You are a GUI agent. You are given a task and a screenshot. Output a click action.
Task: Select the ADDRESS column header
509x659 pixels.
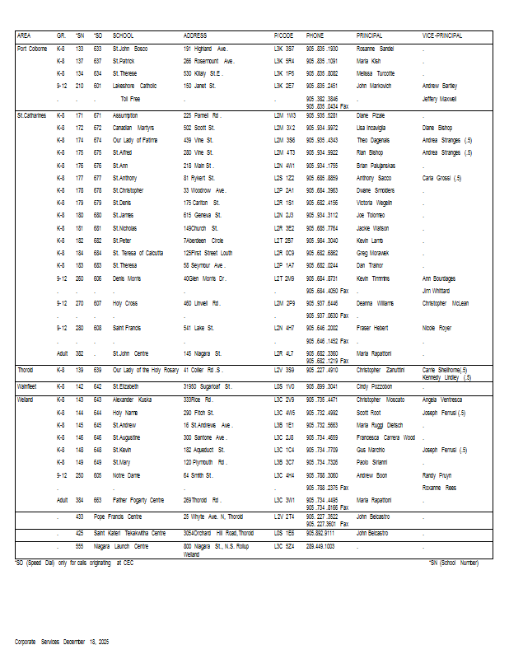coord(195,36)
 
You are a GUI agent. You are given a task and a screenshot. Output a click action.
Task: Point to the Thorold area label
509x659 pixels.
coord(26,370)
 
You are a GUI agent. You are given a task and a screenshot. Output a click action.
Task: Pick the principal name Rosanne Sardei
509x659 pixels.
coord(375,49)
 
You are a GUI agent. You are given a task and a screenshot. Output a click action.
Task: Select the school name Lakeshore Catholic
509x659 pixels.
coord(135,85)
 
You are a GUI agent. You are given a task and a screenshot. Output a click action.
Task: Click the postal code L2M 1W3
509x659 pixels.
coord(284,115)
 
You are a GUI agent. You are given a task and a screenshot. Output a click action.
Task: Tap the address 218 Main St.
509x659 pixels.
coord(198,165)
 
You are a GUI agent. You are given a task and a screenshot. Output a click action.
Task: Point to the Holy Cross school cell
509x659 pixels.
coord(125,303)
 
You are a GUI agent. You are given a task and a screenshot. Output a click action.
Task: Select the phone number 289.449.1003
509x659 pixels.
coord(320,546)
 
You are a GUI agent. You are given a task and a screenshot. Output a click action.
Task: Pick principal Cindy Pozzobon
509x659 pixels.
coord(375,386)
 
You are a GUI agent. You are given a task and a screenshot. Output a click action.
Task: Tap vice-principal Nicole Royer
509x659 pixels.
coord(437,328)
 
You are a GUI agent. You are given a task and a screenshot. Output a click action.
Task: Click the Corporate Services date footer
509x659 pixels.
coord(62,641)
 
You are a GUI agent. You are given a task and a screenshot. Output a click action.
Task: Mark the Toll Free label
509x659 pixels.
coord(130,99)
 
